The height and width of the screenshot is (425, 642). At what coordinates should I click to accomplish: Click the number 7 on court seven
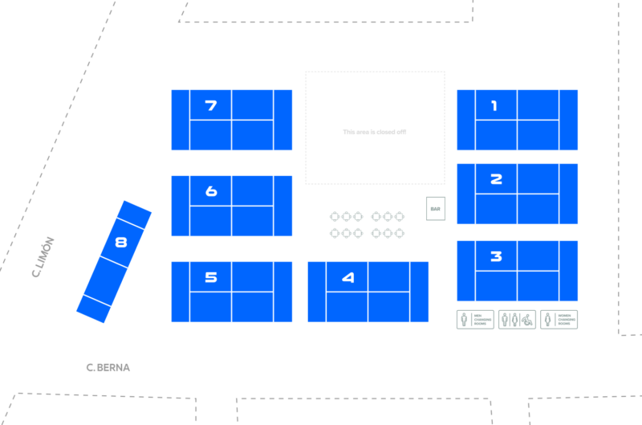point(211,105)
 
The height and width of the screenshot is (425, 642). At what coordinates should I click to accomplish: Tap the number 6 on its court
point(211,191)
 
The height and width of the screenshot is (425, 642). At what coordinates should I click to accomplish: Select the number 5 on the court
point(211,277)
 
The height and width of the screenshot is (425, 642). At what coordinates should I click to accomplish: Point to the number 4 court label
point(347,278)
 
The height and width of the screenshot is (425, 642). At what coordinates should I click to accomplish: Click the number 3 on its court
point(496,256)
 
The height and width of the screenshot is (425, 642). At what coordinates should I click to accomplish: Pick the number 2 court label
point(496,179)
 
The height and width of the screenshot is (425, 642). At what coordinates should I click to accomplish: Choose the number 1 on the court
point(494,105)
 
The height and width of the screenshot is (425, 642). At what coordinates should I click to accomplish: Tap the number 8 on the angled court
point(121,241)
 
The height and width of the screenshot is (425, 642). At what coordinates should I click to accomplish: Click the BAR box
point(436,209)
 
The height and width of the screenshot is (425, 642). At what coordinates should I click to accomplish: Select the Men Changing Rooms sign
point(475,320)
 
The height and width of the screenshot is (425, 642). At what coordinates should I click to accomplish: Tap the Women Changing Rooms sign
point(559,320)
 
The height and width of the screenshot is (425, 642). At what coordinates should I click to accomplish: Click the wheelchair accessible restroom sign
point(517,320)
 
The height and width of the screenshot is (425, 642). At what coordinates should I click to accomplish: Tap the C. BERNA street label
point(108,368)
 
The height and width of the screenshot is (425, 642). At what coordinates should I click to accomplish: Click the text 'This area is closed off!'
point(375,132)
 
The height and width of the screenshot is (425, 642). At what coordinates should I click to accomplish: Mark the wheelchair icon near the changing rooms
point(527,321)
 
